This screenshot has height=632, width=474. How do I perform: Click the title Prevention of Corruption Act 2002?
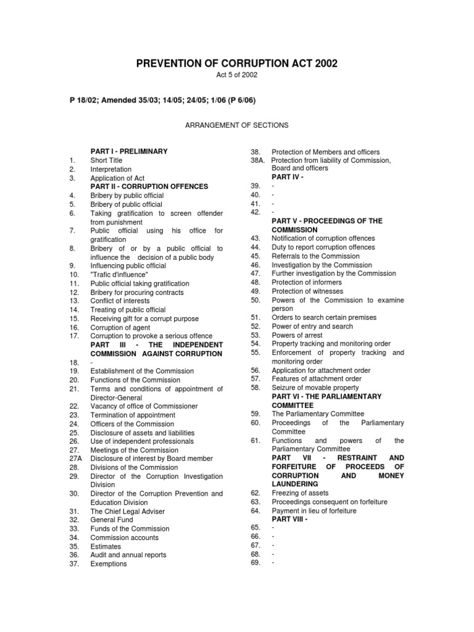(x=236, y=64)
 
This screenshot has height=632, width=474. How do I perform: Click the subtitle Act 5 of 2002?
(x=236, y=75)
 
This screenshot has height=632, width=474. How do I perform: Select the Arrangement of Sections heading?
(x=236, y=125)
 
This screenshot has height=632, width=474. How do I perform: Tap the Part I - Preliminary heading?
(x=129, y=151)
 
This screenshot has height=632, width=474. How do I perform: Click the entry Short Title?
(x=106, y=160)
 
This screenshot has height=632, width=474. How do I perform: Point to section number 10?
(x=73, y=275)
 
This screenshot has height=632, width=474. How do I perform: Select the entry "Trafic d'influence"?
(x=119, y=275)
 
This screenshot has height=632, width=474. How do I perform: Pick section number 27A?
(x=75, y=459)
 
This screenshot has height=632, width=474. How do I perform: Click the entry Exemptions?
(x=109, y=564)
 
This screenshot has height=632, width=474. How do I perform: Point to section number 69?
(x=255, y=563)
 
